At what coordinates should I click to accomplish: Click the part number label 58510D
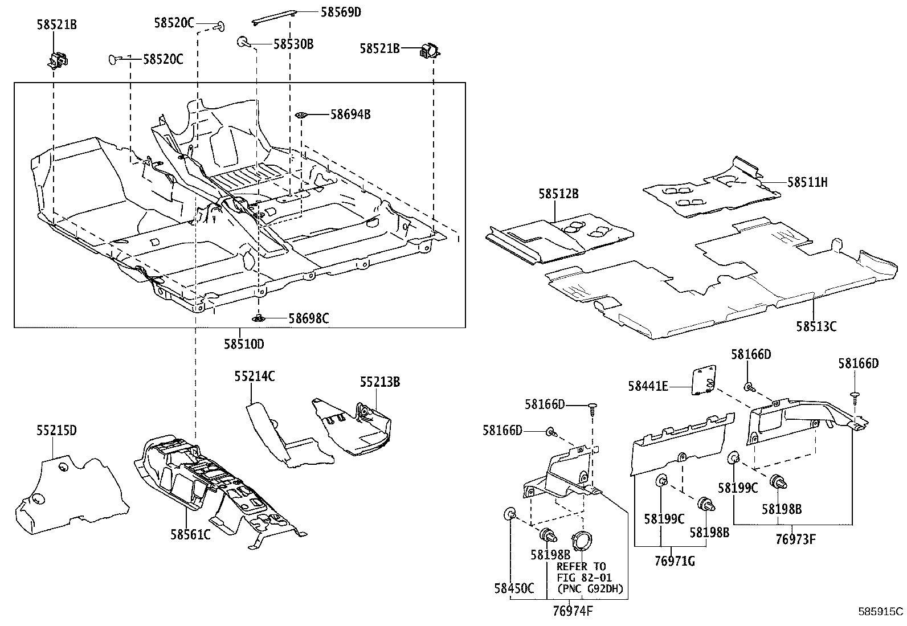[243, 344]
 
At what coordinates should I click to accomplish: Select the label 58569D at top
[341, 11]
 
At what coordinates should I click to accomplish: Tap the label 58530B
[293, 44]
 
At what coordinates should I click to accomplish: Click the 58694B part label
[350, 114]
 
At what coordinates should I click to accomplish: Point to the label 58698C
[308, 318]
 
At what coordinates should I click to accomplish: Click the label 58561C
[190, 534]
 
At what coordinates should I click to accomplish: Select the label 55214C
[255, 376]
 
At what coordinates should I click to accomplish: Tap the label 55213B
[379, 382]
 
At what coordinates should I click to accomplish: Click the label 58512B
[558, 194]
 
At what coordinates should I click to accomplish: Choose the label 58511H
[807, 182]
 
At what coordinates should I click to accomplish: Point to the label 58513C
[816, 326]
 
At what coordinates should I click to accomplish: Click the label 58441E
[648, 386]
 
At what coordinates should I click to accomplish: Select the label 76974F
[573, 612]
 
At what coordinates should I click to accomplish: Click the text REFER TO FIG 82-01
[581, 572]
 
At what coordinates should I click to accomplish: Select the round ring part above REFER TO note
[582, 540]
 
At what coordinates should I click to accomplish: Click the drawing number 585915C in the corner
[881, 612]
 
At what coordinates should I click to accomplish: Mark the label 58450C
[514, 588]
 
